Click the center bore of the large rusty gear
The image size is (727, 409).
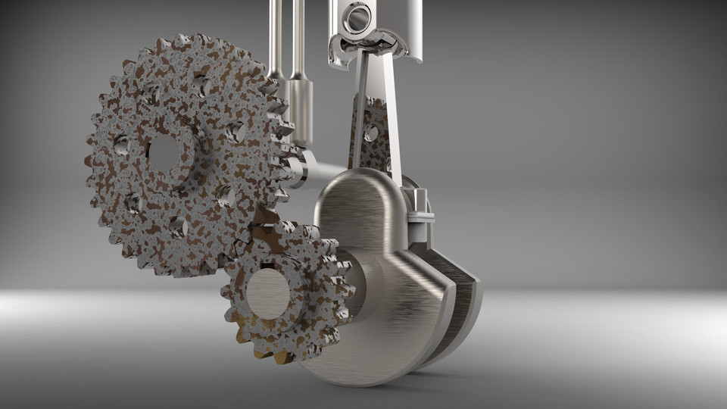click(x=164, y=154)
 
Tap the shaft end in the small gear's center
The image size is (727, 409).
click(x=268, y=293)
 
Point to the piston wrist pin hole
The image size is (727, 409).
click(x=356, y=17)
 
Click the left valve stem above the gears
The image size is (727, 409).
click(x=276, y=38)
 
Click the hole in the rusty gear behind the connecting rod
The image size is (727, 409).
click(x=371, y=133)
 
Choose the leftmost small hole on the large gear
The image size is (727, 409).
click(x=122, y=144)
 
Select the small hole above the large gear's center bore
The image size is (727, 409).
click(x=200, y=85)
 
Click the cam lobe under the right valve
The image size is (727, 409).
click(x=302, y=114)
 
